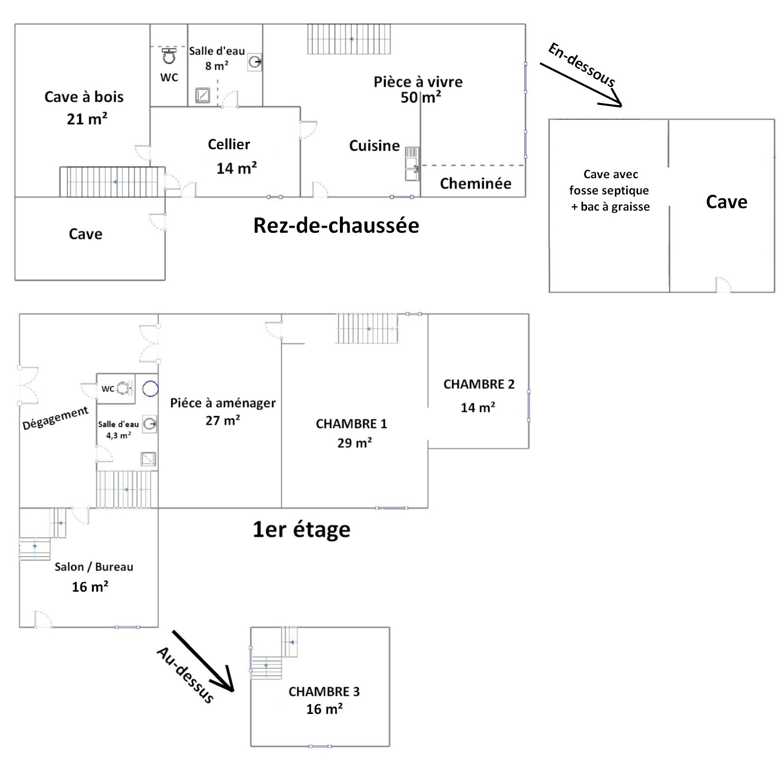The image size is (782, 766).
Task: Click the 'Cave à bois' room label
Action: point(84,97)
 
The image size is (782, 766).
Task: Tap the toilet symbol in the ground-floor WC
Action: point(169,56)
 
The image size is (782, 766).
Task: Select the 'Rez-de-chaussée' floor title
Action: point(336,225)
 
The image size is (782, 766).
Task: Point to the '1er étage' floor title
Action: point(301,530)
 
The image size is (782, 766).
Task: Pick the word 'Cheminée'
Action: point(475,184)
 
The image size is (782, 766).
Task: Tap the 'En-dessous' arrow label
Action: point(582,65)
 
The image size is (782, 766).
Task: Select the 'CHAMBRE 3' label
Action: point(324,692)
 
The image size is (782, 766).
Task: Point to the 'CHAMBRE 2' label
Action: point(479,384)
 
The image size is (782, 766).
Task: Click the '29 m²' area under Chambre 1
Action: point(354,443)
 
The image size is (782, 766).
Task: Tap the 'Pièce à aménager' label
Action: point(223,403)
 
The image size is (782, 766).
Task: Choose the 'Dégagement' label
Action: point(56,418)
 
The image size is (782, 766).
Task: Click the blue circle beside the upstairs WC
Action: point(150,389)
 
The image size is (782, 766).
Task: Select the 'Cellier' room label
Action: point(229,144)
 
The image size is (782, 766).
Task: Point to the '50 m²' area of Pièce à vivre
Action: point(420,98)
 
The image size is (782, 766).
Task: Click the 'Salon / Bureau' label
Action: point(94,567)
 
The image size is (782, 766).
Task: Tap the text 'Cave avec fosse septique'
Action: point(609,182)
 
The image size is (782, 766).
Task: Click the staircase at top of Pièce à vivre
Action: point(350,39)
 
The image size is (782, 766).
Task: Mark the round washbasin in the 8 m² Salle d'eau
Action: point(255,62)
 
